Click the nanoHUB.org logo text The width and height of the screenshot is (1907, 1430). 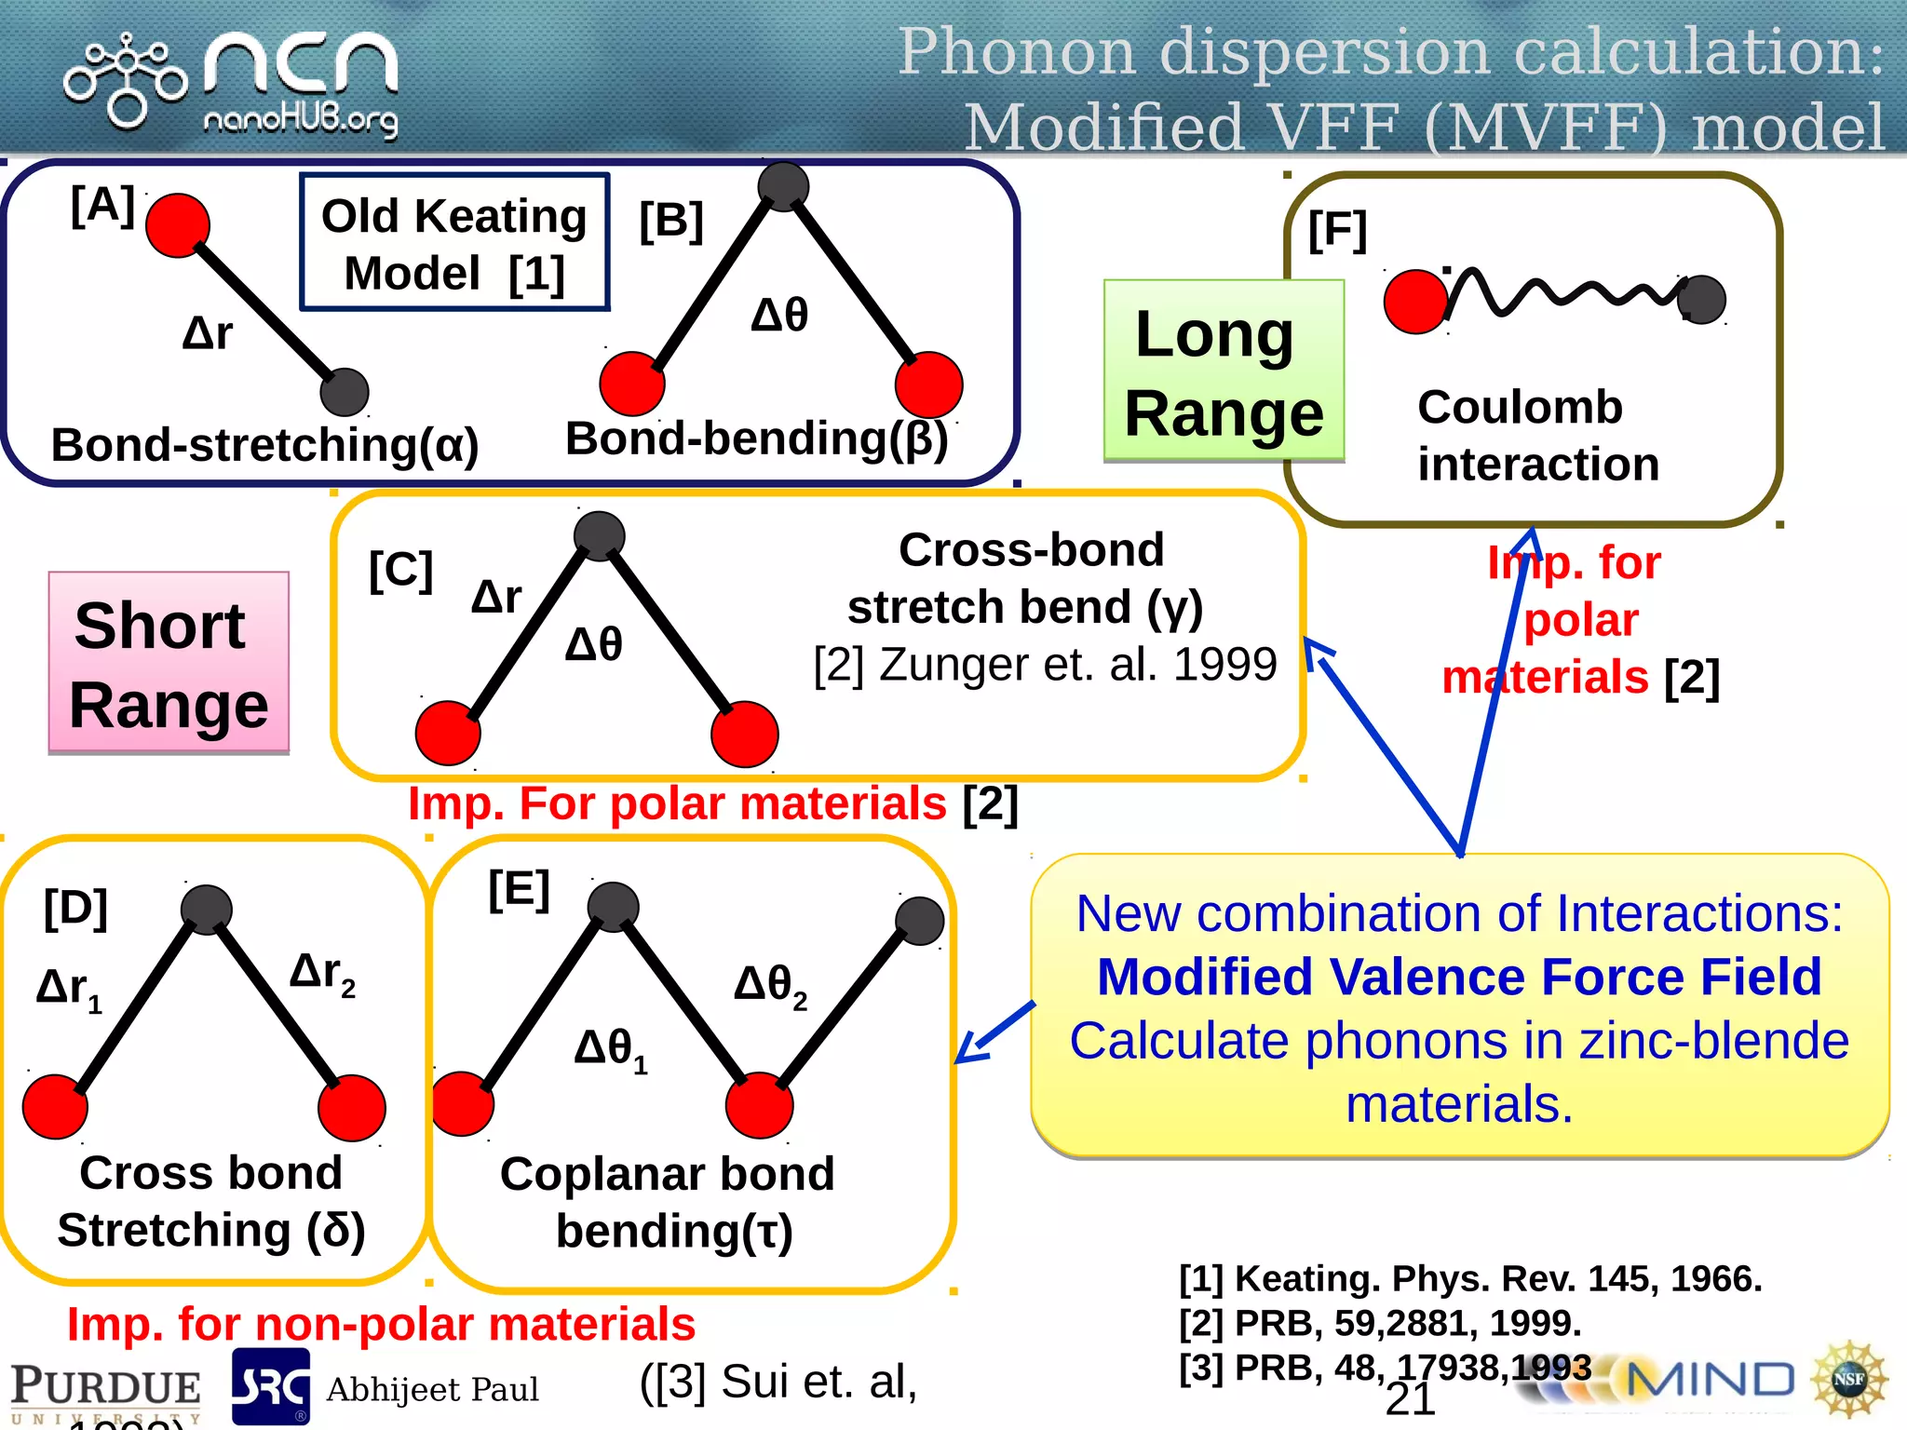point(300,120)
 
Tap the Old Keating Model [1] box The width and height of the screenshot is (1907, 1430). point(454,243)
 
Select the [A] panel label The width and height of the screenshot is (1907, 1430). point(102,206)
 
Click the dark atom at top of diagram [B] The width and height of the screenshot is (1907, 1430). point(783,186)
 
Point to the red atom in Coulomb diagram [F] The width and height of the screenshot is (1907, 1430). point(1415,302)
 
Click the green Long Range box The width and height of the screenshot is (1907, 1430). point(1224,371)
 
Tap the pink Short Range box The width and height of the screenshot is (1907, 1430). point(169,663)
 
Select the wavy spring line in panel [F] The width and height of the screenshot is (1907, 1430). point(1564,292)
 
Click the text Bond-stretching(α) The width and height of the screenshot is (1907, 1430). point(264,444)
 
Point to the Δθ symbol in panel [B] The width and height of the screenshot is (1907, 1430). point(779,315)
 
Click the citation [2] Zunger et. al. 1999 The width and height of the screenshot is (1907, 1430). point(1045,665)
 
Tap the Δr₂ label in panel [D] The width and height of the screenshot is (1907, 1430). point(322,974)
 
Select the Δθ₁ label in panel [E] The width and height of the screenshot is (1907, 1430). point(610,1049)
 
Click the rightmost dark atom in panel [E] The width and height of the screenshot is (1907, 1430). point(919,921)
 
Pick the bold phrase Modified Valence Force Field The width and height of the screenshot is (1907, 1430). point(1458,977)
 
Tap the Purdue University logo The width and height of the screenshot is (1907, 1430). point(104,1391)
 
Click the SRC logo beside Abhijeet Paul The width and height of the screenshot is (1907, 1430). point(270,1386)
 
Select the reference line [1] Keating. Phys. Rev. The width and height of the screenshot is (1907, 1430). point(1469,1278)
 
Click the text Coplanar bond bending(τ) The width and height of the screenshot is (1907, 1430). point(668,1202)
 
